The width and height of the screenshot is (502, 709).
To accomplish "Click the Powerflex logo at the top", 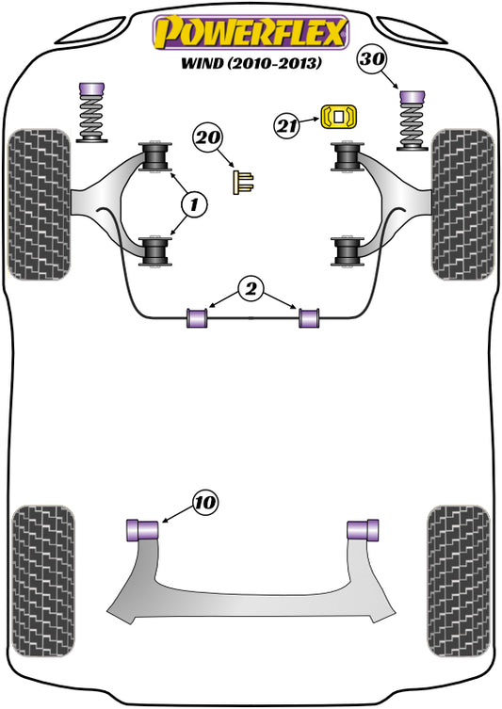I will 251,32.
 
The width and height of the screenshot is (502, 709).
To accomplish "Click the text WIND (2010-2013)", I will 251,67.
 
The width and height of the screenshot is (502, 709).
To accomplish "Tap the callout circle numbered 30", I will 373,59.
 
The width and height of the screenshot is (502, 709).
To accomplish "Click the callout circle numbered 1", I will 193,202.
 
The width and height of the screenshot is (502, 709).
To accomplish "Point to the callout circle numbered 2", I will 251,291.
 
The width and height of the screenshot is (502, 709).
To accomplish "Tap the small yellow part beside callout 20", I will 243,181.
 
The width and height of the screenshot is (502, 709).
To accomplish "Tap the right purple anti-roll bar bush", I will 309,318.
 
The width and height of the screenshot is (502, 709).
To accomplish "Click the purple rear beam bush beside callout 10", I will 140,529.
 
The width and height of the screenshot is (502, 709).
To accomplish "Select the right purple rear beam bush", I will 364,529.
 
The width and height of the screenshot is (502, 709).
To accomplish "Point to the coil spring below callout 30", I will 412,126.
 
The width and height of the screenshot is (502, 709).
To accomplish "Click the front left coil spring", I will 93,120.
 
